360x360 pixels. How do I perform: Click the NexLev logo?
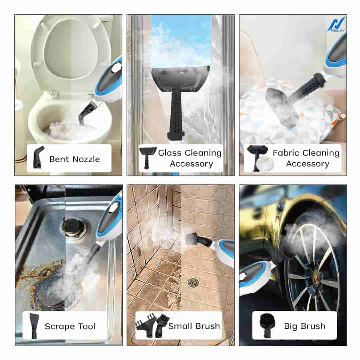coord(337,25)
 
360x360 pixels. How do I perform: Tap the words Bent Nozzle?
coord(74,159)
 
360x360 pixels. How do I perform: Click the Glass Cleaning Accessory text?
coord(190,158)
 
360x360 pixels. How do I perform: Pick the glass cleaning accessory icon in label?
coord(147,158)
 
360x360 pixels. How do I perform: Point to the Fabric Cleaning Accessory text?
coord(306,158)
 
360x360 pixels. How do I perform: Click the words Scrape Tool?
coord(70,326)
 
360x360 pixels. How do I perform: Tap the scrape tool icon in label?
coord(34,326)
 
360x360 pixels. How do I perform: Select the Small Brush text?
coord(194,326)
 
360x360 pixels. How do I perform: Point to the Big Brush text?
coord(304,326)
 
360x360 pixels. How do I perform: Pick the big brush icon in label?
coord(266,326)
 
